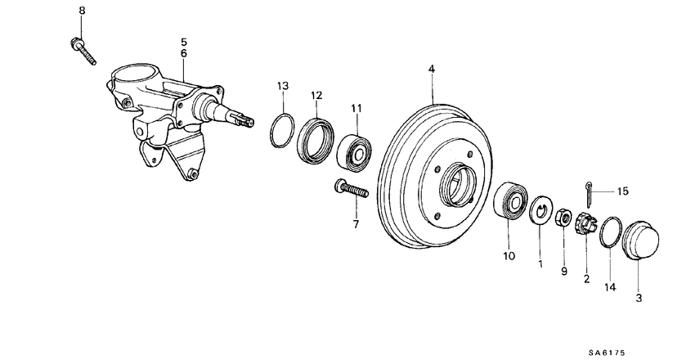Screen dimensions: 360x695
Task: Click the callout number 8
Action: [81, 10]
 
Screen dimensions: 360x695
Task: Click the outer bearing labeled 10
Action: [513, 200]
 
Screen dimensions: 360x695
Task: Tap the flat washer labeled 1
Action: [540, 211]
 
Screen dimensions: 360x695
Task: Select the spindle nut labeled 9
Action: [563, 219]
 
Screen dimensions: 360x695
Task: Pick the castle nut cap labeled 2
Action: [585, 223]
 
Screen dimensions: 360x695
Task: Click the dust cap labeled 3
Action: [642, 238]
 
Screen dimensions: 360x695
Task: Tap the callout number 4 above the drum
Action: [432, 71]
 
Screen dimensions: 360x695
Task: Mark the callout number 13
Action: [282, 86]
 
